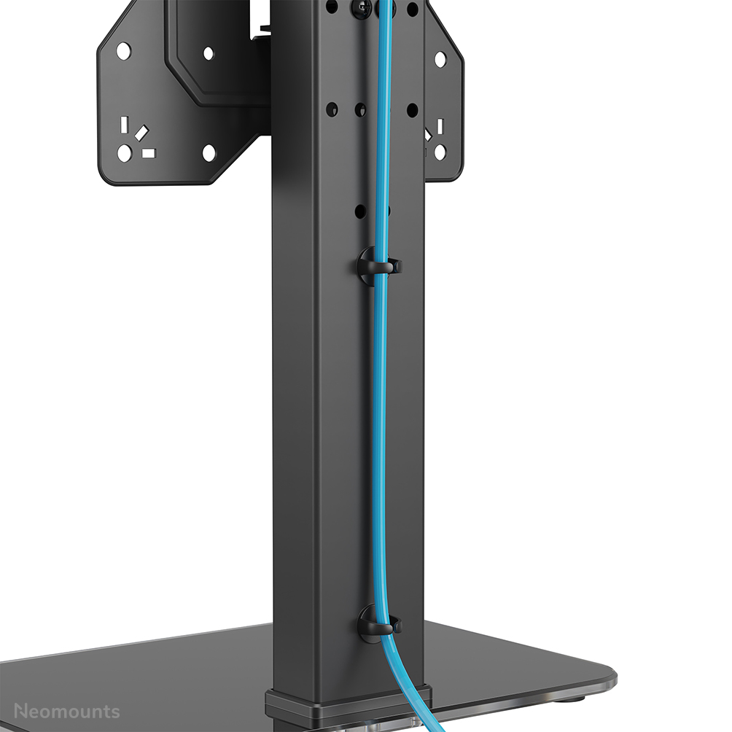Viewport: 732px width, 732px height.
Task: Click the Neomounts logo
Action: [67, 711]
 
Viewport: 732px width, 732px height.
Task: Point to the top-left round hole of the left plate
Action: [124, 51]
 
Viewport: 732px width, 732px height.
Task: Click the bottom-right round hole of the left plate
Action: [209, 153]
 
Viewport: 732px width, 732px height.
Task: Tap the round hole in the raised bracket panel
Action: [208, 53]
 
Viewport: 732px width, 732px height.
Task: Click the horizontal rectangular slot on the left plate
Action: [149, 153]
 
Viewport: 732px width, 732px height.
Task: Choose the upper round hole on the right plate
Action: [440, 59]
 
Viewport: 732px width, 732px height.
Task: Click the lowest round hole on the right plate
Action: [440, 152]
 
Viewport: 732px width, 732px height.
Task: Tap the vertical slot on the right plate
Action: [440, 125]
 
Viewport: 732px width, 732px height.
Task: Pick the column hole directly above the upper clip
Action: [359, 211]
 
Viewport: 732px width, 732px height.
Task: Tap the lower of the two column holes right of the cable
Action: [412, 110]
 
